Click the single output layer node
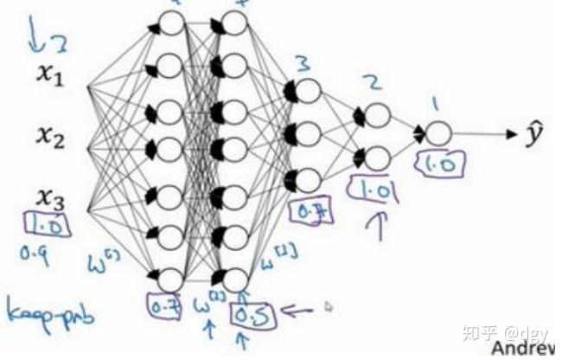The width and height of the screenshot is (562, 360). (x=439, y=133)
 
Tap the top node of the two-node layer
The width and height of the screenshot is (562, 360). (x=377, y=115)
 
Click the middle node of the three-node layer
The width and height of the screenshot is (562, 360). (x=307, y=134)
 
